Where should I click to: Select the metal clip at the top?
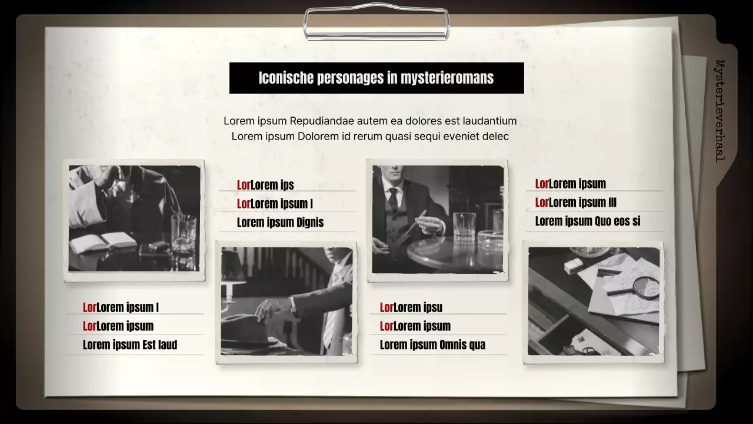click(376, 24)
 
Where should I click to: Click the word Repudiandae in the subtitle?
click(322, 121)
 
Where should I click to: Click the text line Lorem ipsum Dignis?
click(280, 223)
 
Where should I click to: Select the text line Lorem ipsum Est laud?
click(130, 345)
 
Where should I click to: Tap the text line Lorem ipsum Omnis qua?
click(432, 345)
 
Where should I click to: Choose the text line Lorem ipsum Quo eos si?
click(588, 221)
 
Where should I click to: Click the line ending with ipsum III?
click(576, 203)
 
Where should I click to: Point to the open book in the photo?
click(104, 241)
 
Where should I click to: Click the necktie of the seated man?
click(393, 200)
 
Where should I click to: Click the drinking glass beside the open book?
click(184, 233)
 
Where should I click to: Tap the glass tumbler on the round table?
click(464, 226)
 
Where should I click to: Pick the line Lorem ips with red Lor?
click(265, 185)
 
